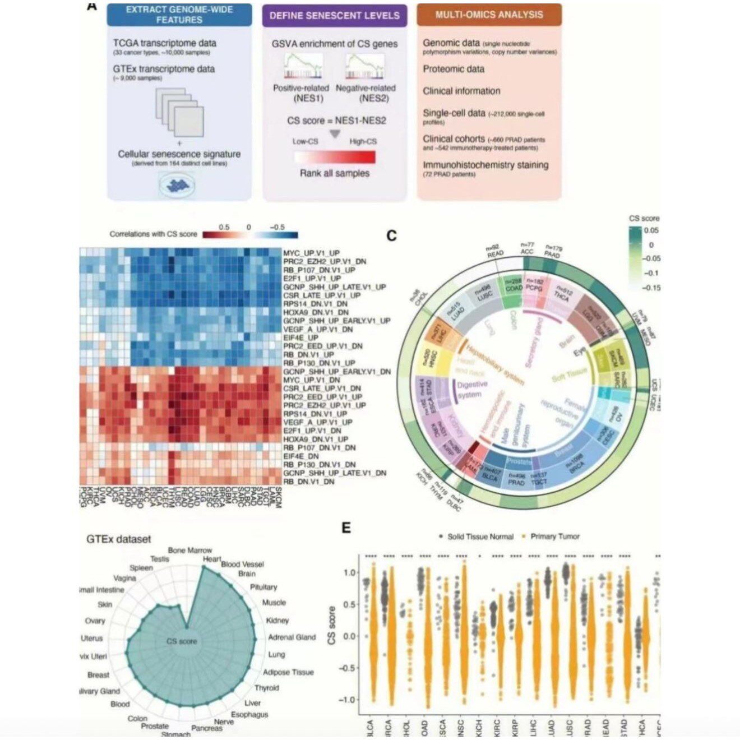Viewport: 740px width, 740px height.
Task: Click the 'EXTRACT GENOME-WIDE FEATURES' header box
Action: point(179,15)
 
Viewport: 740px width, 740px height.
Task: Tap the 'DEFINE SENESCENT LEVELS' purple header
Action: point(334,15)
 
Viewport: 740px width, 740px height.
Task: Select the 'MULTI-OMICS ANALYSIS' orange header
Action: point(489,15)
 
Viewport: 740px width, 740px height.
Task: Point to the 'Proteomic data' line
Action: point(454,69)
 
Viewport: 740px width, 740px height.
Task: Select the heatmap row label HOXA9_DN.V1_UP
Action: point(316,439)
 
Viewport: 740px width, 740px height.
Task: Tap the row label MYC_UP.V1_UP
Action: point(311,253)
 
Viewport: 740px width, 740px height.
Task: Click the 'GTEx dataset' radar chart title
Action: point(119,539)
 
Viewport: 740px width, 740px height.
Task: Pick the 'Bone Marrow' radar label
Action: point(190,551)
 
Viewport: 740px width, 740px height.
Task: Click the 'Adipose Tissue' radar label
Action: point(288,672)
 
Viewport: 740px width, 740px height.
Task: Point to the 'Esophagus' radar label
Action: point(249,714)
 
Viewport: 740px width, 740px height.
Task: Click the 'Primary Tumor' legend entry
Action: point(554,536)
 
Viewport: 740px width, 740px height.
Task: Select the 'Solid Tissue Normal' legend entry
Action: point(480,536)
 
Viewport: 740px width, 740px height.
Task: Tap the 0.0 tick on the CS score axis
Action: point(350,636)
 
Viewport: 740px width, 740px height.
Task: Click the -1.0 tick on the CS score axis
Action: point(348,699)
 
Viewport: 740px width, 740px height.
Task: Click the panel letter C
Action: point(391,235)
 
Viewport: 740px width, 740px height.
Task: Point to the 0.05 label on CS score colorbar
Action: point(651,230)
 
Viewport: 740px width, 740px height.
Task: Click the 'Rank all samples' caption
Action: point(335,173)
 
